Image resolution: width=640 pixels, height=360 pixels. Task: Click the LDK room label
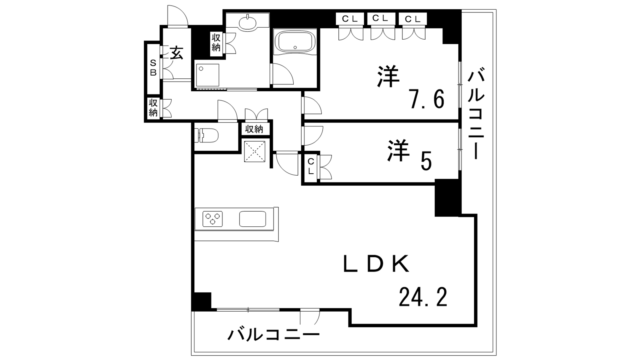[376, 263]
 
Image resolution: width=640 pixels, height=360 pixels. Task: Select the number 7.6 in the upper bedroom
[427, 99]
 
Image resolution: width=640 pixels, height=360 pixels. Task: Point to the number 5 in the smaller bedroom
[426, 161]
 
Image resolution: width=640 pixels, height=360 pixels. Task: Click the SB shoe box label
[154, 68]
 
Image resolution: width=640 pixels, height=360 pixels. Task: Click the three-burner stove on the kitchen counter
[212, 219]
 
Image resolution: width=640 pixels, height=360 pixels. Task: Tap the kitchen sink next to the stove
[252, 219]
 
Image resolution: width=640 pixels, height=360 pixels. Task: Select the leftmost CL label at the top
[350, 19]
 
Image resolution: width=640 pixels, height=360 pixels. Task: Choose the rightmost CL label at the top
[413, 19]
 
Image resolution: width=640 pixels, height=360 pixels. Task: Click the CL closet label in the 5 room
[311, 166]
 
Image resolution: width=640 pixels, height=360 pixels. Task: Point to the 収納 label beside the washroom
[216, 42]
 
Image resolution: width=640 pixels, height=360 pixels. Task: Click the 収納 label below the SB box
[153, 108]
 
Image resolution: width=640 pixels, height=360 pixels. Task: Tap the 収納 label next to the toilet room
[254, 129]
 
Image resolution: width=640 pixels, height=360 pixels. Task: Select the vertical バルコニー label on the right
[476, 112]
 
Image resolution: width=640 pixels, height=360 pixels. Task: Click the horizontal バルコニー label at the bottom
[274, 334]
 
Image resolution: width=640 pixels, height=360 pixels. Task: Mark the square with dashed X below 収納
[255, 152]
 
